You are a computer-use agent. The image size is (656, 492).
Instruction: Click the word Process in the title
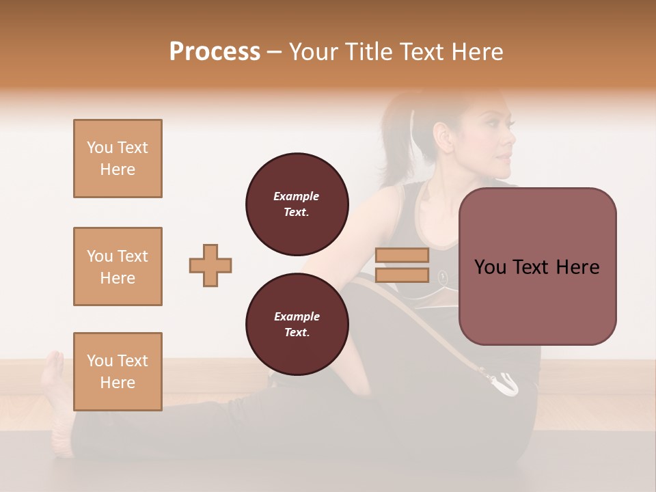(215, 52)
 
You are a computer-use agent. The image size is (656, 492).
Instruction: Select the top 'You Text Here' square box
(118, 159)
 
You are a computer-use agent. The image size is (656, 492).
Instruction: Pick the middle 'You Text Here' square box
(118, 266)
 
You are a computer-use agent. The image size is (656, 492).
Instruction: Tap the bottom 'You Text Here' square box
(118, 371)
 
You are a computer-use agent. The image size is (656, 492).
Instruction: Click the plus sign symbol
(210, 265)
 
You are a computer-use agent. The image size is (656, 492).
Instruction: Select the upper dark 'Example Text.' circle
(297, 204)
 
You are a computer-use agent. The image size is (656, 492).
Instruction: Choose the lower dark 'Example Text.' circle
(297, 324)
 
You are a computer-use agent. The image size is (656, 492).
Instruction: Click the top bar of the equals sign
(402, 255)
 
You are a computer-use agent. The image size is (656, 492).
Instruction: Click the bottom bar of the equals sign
(402, 275)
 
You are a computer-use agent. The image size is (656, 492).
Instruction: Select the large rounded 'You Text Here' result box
(537, 266)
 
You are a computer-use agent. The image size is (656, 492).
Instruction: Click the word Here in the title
(476, 52)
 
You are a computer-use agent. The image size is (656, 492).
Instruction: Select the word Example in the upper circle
(297, 196)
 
